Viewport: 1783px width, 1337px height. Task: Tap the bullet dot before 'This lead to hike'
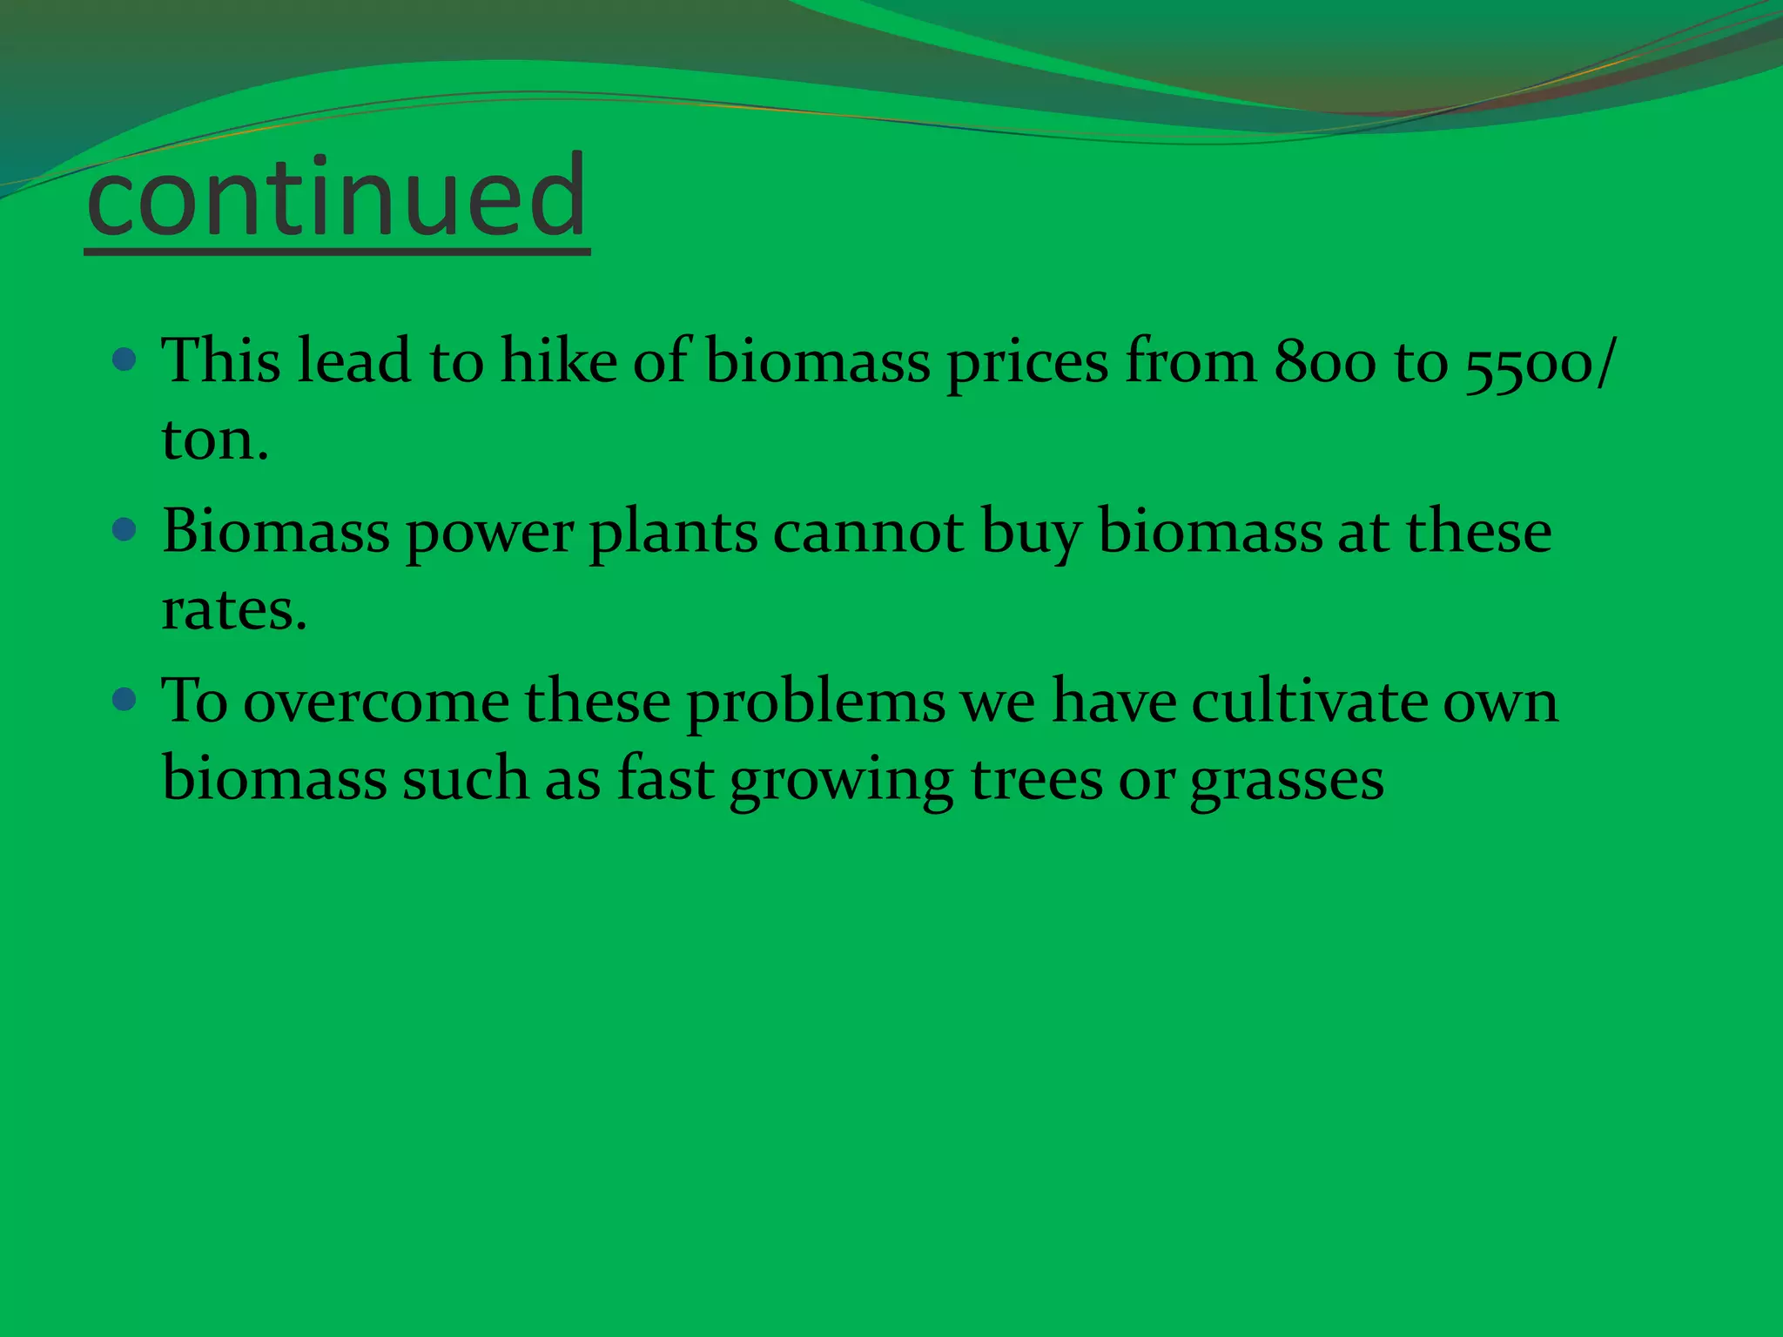[x=125, y=359]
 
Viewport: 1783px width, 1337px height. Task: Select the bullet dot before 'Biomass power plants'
[x=125, y=529]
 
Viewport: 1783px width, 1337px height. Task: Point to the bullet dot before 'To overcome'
[x=125, y=699]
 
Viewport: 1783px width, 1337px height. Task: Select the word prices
[x=1027, y=363]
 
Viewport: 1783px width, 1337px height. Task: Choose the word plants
[x=673, y=533]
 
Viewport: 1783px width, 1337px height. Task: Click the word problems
[x=816, y=703]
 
